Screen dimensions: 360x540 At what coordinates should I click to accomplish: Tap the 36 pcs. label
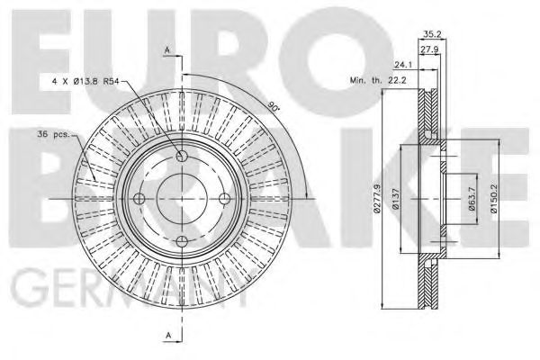click(52, 135)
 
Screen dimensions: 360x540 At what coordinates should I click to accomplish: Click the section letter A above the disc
click(167, 49)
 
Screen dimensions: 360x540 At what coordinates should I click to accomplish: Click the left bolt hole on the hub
click(139, 198)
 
